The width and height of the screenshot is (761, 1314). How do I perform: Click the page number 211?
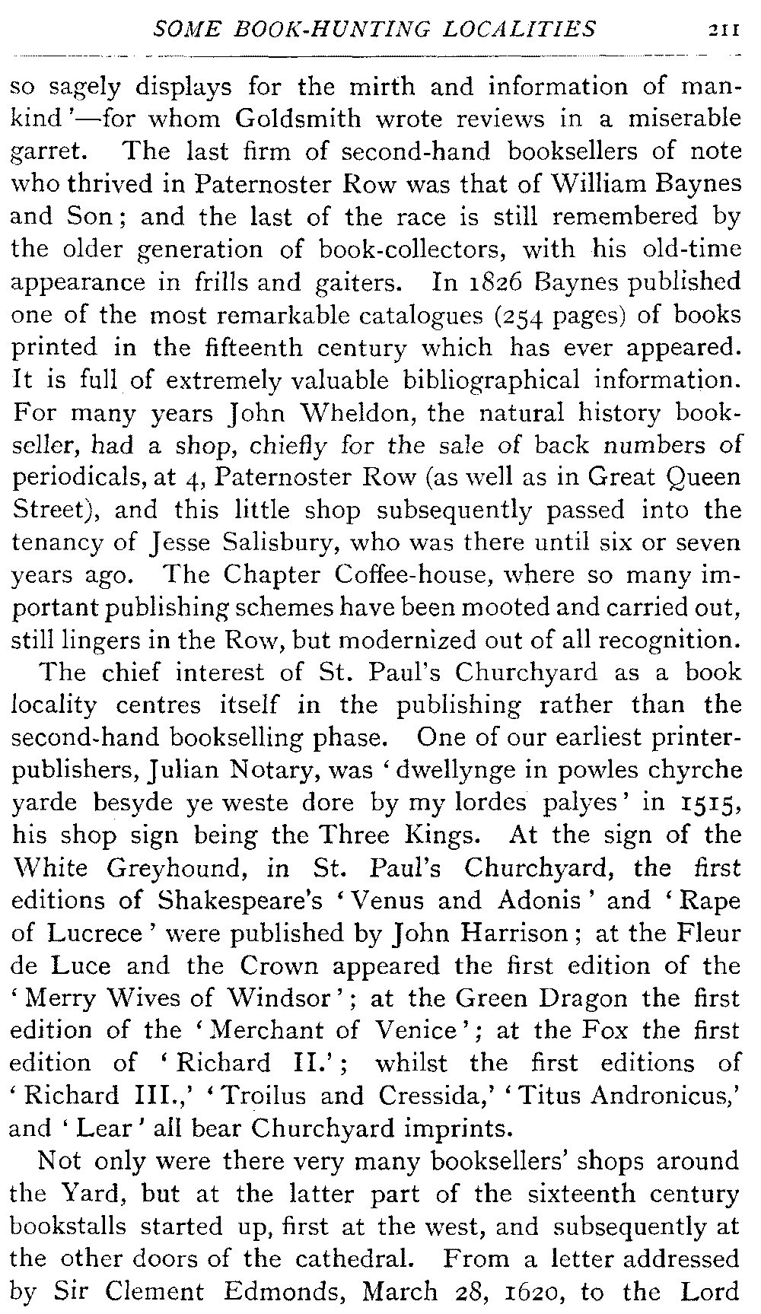(x=721, y=30)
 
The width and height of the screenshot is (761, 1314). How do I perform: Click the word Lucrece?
(x=94, y=933)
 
